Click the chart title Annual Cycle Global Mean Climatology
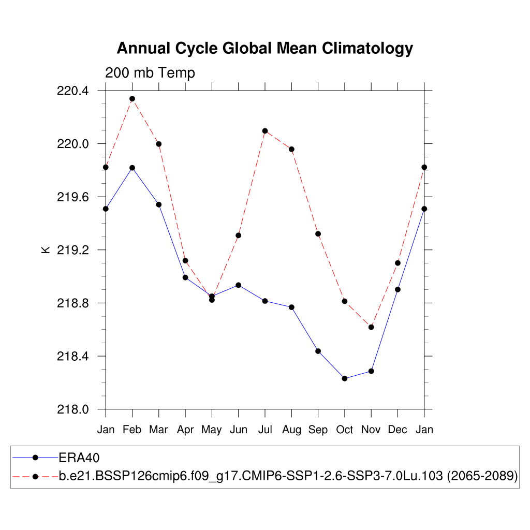click(x=264, y=48)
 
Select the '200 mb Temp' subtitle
click(x=150, y=73)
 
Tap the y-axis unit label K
click(x=46, y=249)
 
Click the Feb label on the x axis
click(x=132, y=430)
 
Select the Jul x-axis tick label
click(x=264, y=430)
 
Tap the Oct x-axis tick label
click(x=344, y=430)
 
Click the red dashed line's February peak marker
click(x=132, y=98)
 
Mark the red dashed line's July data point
click(x=265, y=131)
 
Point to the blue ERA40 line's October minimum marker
click(x=345, y=378)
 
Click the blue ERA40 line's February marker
click(x=132, y=168)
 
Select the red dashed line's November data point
click(x=371, y=327)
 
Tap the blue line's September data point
click(x=318, y=351)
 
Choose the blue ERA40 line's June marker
click(x=238, y=285)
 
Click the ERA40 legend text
click(x=79, y=458)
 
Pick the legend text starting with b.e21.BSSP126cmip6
click(x=288, y=476)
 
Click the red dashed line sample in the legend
click(x=35, y=476)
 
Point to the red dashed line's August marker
click(x=291, y=149)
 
